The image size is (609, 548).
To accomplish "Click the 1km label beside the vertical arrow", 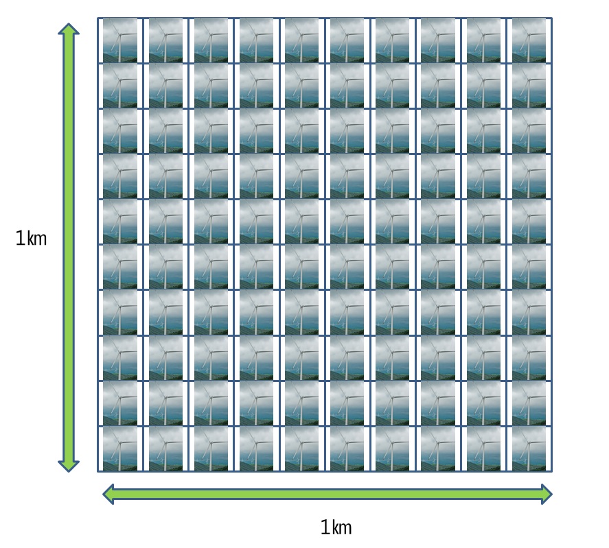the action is pos(31,238).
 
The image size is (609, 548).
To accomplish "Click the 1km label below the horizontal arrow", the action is pos(336,527).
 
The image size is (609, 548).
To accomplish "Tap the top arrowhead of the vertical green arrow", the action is pos(69,29).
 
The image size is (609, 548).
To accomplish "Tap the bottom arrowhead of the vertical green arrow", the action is pos(69,466).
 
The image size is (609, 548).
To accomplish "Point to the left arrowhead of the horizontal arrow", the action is pos(108,494).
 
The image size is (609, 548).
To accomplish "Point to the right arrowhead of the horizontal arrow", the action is pos(547,494).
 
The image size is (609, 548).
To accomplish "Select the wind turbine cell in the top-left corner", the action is pos(120,40).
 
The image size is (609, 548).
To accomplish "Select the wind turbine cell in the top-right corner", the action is pos(529,40).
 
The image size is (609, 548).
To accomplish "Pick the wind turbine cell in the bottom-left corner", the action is pos(120,449).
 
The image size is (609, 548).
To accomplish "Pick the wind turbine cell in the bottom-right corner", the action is pos(529,449).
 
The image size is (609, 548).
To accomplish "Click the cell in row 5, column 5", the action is pos(302,222).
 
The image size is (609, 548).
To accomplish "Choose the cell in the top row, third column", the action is pos(211,40).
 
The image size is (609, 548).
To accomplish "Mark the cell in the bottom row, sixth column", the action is pos(347,449).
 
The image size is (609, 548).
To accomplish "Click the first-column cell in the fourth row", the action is pos(120,176).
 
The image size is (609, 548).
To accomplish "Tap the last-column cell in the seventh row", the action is pos(529,313).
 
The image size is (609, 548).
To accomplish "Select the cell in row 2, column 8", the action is pos(438,86).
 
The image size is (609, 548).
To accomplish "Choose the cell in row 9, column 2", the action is pos(165,403).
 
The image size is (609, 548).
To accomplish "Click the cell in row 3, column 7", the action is pos(393,131).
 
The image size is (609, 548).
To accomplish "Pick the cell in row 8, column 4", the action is pos(256,358).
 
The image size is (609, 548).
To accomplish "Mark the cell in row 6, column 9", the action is pos(483,267).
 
